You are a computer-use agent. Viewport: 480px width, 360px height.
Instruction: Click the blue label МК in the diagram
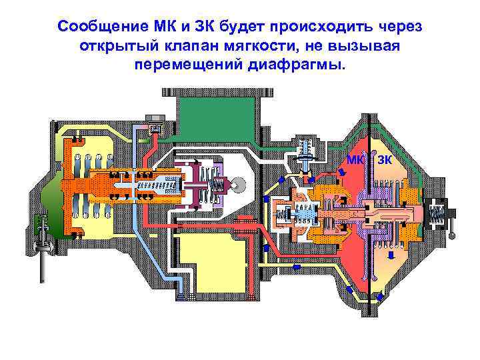click(x=355, y=160)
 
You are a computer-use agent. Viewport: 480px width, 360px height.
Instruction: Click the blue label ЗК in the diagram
click(x=385, y=160)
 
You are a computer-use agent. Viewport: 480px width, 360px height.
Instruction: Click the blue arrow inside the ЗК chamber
click(x=391, y=253)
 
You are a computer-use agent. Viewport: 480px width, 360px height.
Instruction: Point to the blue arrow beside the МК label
click(x=342, y=173)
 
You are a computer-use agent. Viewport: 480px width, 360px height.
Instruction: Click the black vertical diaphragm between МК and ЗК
click(x=369, y=220)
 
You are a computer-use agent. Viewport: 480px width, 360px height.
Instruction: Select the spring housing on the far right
click(x=437, y=214)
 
